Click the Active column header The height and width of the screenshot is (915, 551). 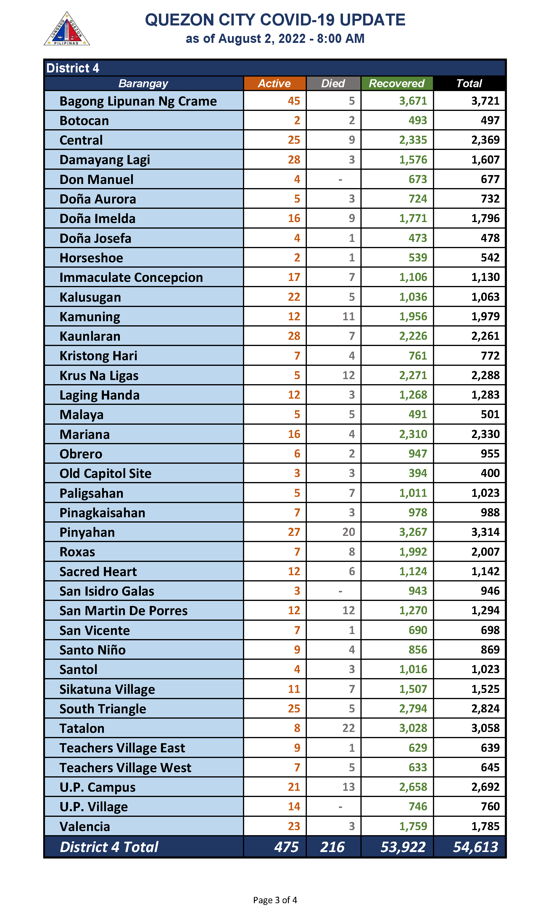tap(274, 83)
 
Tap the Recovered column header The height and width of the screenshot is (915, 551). tap(397, 83)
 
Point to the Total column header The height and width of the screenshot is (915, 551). tap(469, 83)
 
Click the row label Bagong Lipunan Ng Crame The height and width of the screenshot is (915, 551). tap(138, 101)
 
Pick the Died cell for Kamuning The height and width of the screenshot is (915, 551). tap(348, 316)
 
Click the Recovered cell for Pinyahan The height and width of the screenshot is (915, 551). tap(413, 532)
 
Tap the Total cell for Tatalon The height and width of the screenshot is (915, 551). tap(485, 728)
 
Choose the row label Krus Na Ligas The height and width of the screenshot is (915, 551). tap(99, 376)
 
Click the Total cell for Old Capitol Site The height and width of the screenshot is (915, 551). tap(490, 473)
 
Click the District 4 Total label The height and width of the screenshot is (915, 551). tap(109, 847)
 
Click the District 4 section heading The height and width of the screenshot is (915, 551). tap(73, 68)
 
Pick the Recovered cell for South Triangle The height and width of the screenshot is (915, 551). tap(413, 708)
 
